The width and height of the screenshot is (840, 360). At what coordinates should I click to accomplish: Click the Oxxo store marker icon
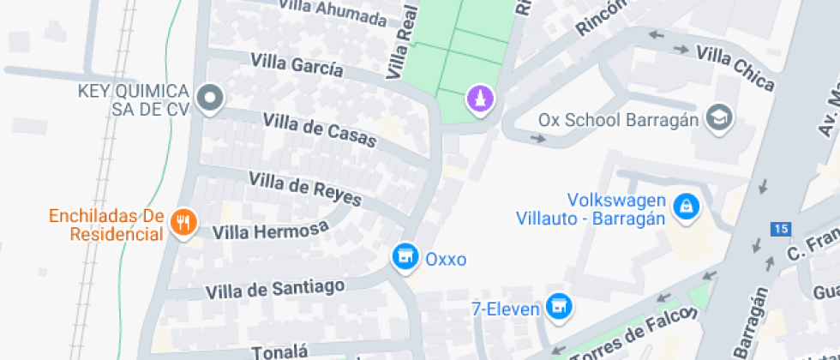pyautogui.click(x=405, y=256)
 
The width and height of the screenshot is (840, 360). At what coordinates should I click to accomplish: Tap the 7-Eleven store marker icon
pyautogui.click(x=560, y=306)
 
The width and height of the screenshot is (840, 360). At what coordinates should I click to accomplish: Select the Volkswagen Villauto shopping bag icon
pyautogui.click(x=686, y=206)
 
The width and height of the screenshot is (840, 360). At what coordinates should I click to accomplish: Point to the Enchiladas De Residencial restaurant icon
pyautogui.click(x=183, y=223)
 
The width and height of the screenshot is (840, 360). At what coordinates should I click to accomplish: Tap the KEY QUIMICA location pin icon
pyautogui.click(x=209, y=99)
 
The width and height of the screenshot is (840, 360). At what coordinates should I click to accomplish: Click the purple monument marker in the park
pyautogui.click(x=480, y=98)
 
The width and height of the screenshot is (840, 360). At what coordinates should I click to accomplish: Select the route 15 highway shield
pyautogui.click(x=779, y=228)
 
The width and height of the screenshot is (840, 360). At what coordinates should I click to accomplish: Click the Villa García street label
pyautogui.click(x=297, y=65)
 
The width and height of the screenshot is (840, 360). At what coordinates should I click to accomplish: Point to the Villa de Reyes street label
pyautogui.click(x=305, y=189)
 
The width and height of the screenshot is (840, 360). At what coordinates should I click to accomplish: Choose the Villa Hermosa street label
pyautogui.click(x=271, y=229)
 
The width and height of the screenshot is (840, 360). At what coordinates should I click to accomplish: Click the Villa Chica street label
pyautogui.click(x=735, y=68)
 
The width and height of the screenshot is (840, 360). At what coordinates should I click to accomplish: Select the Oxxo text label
pyautogui.click(x=446, y=258)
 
